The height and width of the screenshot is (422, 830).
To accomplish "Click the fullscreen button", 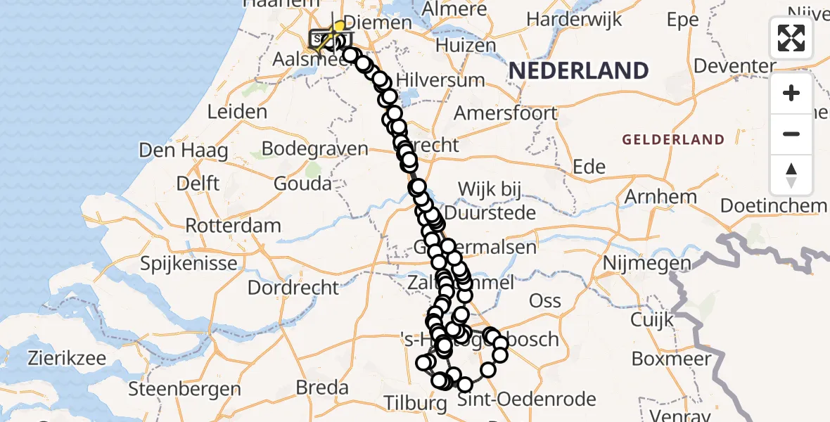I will pyautogui.click(x=791, y=38).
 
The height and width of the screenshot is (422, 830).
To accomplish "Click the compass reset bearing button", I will pyautogui.click(x=791, y=175).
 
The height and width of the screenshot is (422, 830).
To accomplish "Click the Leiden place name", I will pyautogui.click(x=238, y=112).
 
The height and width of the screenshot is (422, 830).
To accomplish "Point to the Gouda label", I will pyautogui.click(x=302, y=184).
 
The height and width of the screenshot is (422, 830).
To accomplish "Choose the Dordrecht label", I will pyautogui.click(x=293, y=288).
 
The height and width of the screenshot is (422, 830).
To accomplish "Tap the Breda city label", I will pyautogui.click(x=322, y=388).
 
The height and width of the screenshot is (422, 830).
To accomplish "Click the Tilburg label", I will pyautogui.click(x=416, y=404).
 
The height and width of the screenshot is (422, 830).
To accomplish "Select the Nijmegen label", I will pyautogui.click(x=637, y=263).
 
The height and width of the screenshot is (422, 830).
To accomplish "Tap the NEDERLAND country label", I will pyautogui.click(x=578, y=71).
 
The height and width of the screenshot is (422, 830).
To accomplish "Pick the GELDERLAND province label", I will pyautogui.click(x=672, y=140).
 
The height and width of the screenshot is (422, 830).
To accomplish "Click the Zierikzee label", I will pyautogui.click(x=68, y=358).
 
